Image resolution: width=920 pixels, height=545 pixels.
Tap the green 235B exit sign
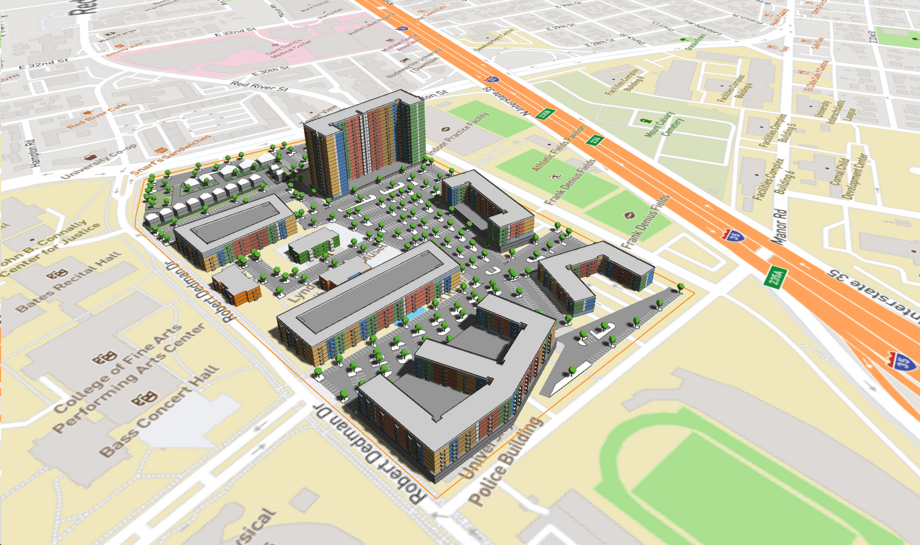(545, 114)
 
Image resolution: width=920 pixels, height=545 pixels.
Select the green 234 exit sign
(595, 139)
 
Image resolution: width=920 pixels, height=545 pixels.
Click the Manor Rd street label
(780, 226)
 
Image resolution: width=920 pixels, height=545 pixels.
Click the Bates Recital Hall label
(68, 282)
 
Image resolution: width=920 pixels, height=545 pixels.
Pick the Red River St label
(259, 87)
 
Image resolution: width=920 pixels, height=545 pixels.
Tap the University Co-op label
(99, 162)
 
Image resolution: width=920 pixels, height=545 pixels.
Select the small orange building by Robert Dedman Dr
(236, 287)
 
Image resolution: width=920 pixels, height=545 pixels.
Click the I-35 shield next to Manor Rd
(733, 235)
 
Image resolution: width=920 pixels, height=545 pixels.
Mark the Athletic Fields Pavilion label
(558, 148)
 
